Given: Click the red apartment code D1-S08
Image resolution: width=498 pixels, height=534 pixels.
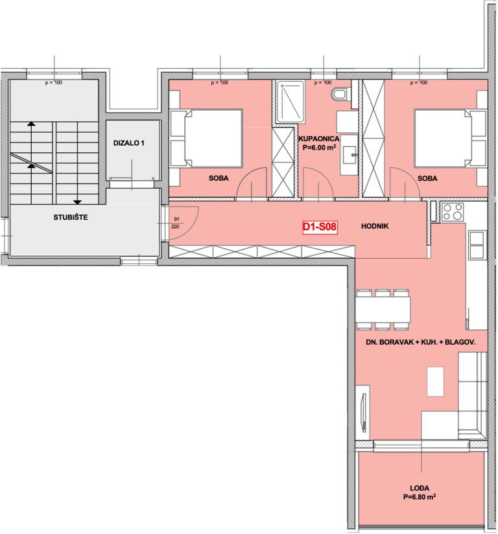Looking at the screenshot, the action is [x=320, y=227].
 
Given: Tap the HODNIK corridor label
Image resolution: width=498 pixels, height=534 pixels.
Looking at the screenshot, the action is [x=375, y=226].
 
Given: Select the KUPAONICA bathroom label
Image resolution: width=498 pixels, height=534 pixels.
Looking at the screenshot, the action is [x=318, y=139].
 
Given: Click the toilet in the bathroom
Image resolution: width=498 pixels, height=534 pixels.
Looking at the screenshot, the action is [x=340, y=95].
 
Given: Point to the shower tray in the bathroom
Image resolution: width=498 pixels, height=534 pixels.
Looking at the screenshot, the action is [x=290, y=102].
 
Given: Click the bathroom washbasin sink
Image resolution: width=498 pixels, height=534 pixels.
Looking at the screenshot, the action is [x=349, y=155].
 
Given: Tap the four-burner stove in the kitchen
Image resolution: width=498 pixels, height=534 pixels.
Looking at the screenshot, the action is [x=453, y=211].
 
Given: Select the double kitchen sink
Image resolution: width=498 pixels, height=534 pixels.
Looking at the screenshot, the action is [x=477, y=244].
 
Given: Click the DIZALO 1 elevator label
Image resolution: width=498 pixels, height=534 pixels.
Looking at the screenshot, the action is [x=129, y=143].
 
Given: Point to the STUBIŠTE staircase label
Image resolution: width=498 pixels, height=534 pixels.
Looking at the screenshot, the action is [x=71, y=217].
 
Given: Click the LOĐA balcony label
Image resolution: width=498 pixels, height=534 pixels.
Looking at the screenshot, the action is [x=420, y=488].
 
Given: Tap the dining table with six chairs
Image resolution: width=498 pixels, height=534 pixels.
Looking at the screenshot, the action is [x=383, y=310].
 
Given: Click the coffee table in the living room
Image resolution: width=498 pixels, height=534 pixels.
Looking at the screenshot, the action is [x=435, y=382].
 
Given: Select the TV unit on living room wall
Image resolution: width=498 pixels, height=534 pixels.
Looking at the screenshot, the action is [x=363, y=412].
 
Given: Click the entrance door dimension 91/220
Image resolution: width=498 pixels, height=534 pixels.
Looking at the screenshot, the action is [x=176, y=223].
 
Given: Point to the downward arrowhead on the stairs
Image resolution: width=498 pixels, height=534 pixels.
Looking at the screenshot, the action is [x=77, y=202].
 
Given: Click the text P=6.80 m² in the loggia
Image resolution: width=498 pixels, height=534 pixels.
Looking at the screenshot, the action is [x=420, y=497].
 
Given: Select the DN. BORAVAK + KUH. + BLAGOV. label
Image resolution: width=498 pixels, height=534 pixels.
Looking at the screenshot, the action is [x=421, y=342].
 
